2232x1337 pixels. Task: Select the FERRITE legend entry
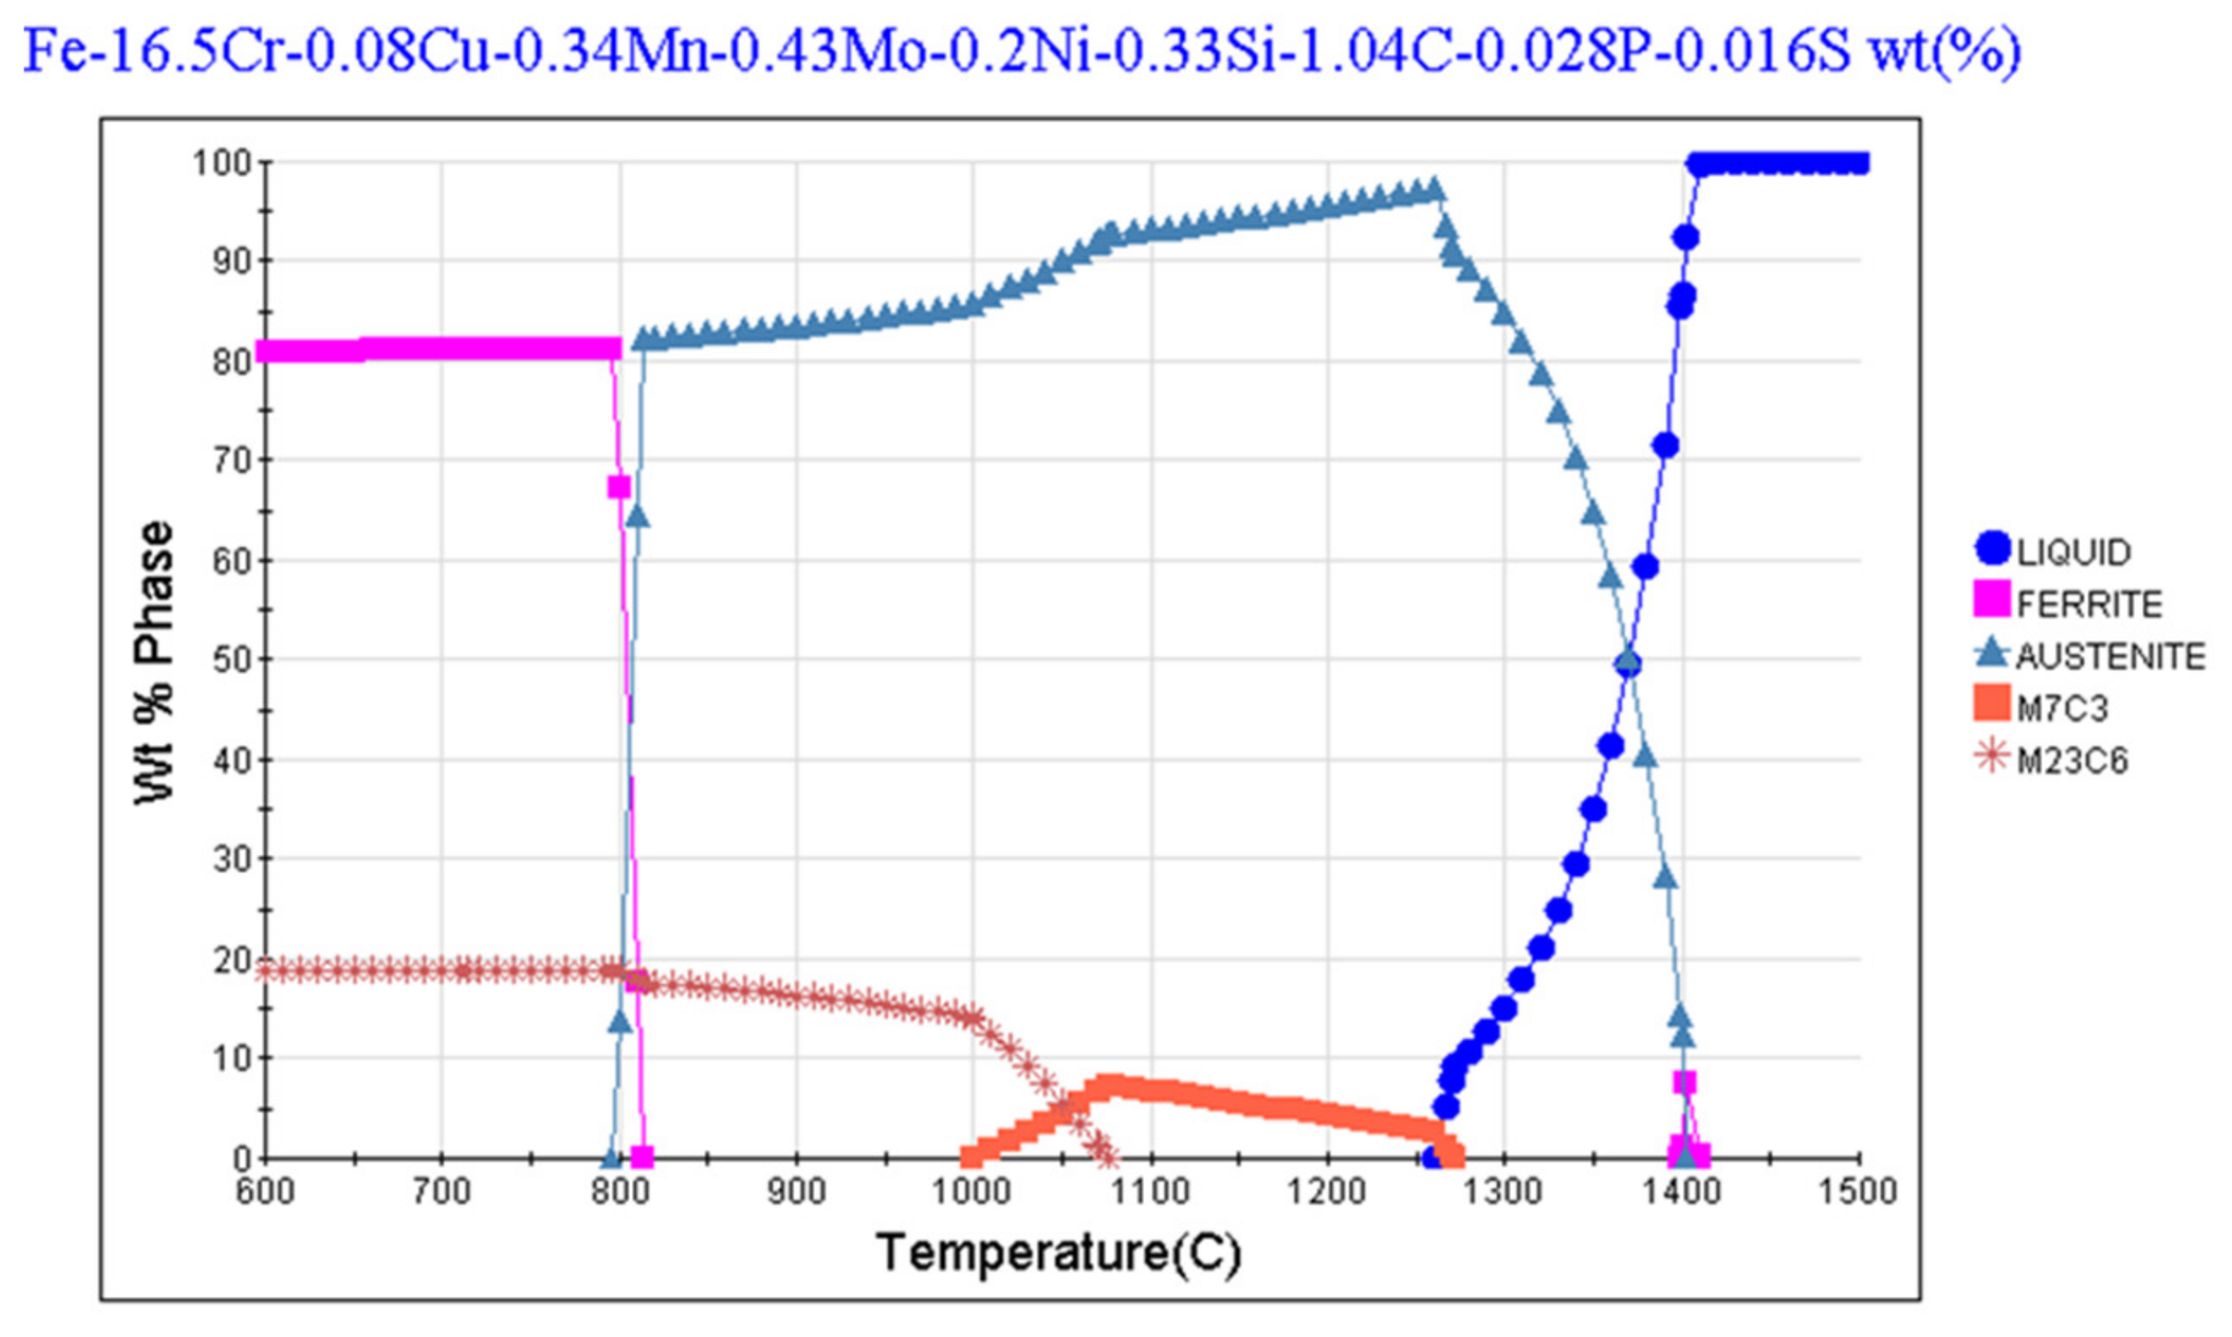tap(2067, 603)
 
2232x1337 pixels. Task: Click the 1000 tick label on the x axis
tap(970, 1192)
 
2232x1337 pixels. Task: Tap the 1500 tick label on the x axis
tap(1857, 1192)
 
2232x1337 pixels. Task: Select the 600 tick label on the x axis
tap(265, 1192)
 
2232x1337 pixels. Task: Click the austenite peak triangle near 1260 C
tap(1435, 190)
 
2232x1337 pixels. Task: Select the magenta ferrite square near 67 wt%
tap(619, 487)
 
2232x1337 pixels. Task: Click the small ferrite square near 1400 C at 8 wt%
tap(1684, 1081)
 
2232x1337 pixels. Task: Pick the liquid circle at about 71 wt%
tap(1665, 445)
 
